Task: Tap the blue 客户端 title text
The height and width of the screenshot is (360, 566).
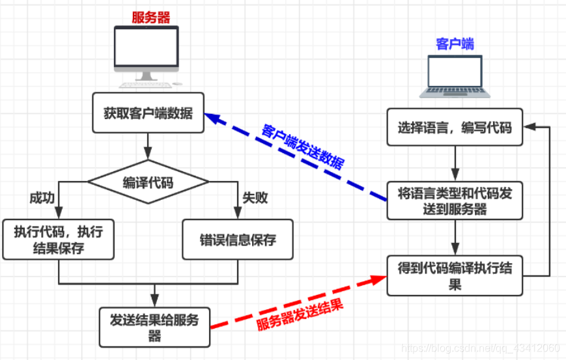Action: [454, 44]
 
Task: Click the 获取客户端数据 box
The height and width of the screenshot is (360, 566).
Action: [149, 114]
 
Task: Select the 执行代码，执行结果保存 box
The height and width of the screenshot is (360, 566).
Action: [59, 240]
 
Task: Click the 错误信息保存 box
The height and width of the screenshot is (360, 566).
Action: [237, 240]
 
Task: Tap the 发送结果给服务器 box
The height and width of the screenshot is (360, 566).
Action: [154, 327]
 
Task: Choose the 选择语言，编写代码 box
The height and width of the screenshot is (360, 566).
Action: [455, 128]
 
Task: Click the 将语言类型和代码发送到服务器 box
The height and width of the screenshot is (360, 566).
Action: [455, 201]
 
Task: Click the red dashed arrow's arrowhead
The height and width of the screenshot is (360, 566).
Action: [379, 278]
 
